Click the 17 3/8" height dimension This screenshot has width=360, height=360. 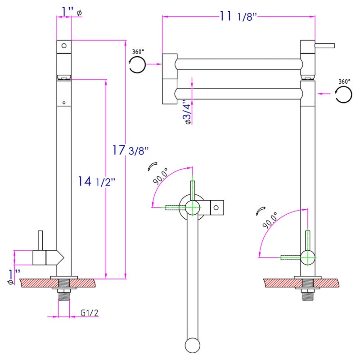130,150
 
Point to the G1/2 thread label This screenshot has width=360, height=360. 90,313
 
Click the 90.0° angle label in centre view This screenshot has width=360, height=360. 161,176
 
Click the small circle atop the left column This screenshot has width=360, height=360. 64,45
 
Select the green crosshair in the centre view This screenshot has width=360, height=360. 193,207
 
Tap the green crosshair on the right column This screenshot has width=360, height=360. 308,257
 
